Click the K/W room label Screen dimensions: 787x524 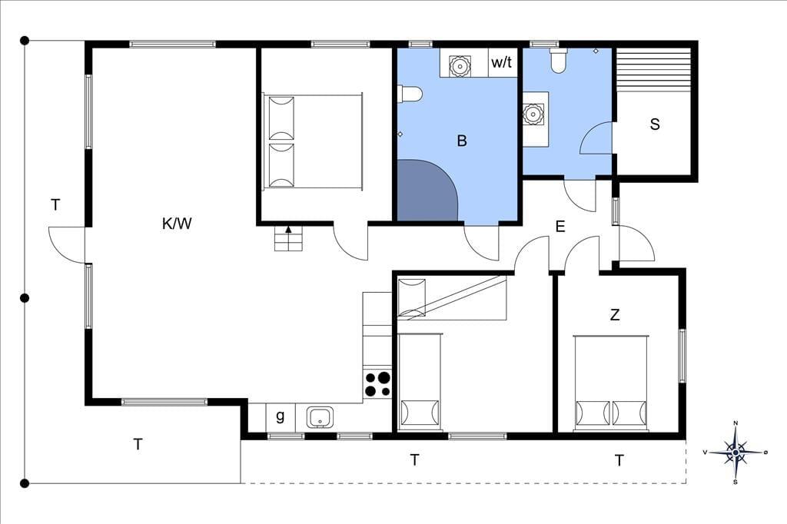[177, 224]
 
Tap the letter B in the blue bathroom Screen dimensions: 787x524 [462, 141]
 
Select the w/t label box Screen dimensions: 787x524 [503, 62]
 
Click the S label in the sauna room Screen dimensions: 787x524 [655, 124]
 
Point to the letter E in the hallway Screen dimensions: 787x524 [560, 227]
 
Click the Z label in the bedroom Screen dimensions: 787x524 [614, 315]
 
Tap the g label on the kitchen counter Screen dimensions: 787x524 [280, 416]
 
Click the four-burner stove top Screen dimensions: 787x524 [377, 384]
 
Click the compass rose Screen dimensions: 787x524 [736, 453]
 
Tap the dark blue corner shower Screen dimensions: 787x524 [427, 191]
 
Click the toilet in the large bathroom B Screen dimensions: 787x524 [410, 94]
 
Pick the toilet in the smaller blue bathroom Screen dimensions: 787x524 [558, 61]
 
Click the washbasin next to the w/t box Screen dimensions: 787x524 [459, 65]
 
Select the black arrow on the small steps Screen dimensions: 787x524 [289, 230]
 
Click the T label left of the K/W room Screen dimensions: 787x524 [55, 205]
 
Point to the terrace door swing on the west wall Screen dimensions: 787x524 [67, 244]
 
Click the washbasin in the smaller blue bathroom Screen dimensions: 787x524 [533, 114]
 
